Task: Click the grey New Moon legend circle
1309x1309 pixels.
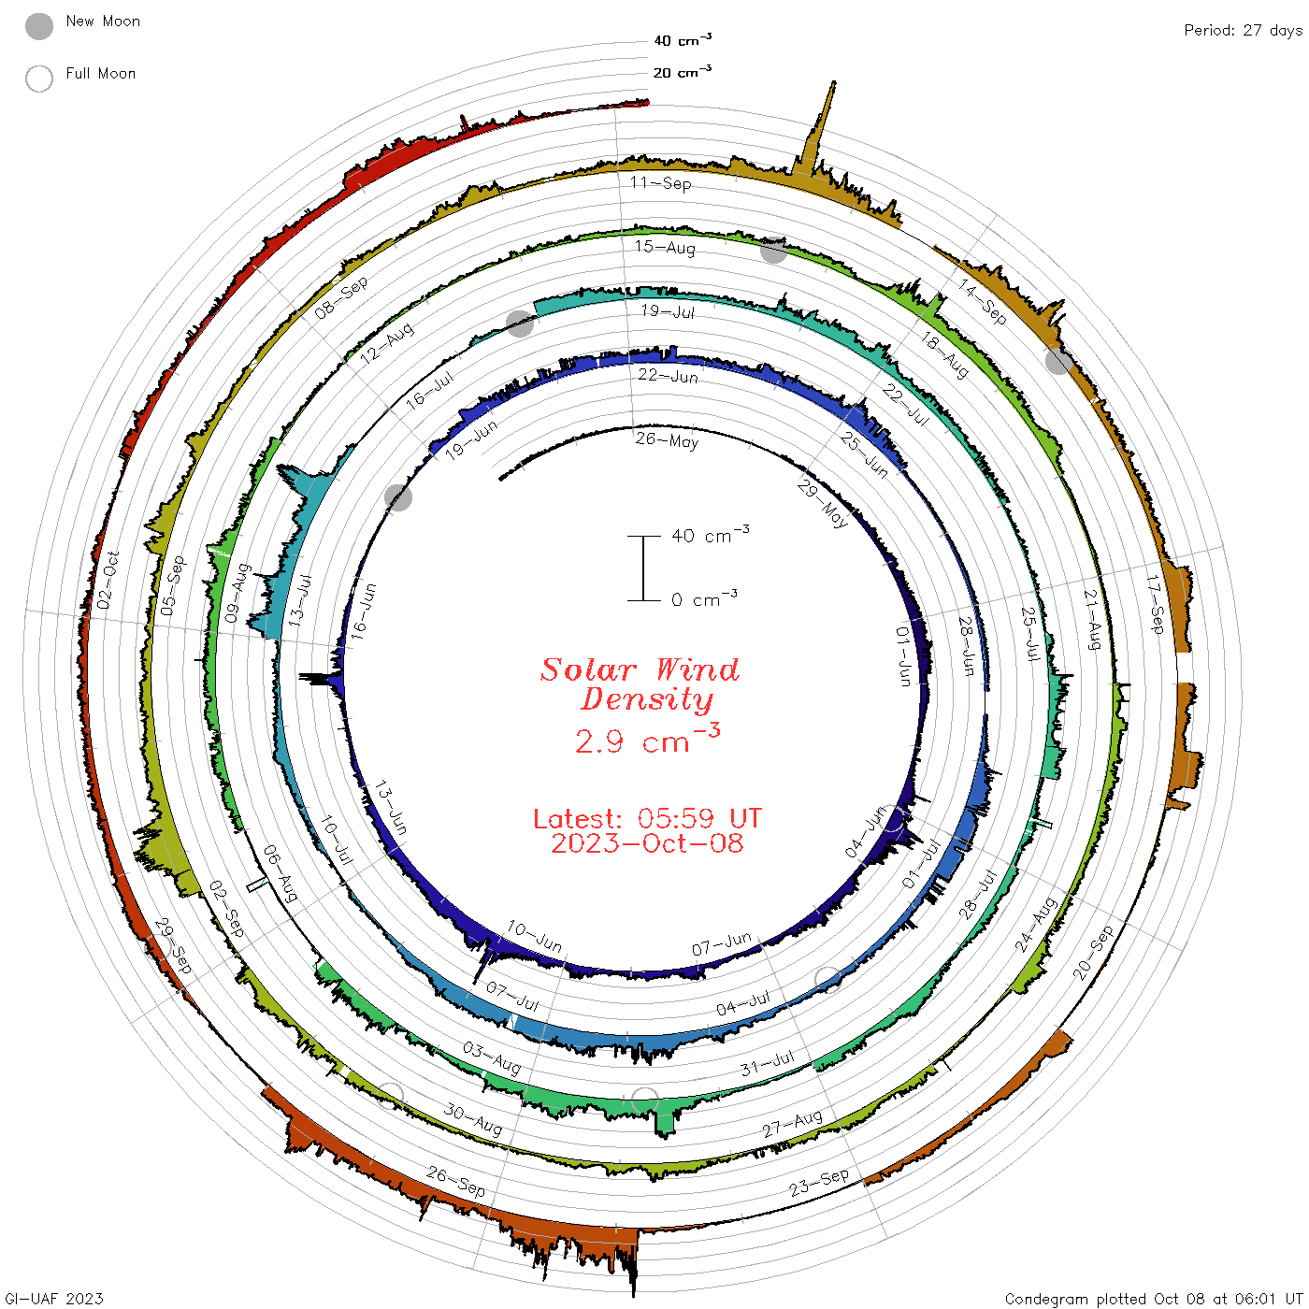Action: [x=38, y=26]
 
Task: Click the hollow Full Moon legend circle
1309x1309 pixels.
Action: [x=38, y=79]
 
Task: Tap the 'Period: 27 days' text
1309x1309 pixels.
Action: [x=1243, y=31]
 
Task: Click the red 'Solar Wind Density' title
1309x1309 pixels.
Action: [x=640, y=684]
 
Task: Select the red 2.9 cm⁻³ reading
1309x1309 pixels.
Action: [x=647, y=740]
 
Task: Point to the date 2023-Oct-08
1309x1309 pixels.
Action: [x=647, y=843]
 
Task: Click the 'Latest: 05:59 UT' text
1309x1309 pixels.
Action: [x=647, y=818]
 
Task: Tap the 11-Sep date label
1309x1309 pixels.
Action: [x=660, y=182]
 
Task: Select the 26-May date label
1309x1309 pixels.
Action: [x=667, y=440]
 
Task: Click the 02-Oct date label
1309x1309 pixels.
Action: [x=108, y=580]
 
